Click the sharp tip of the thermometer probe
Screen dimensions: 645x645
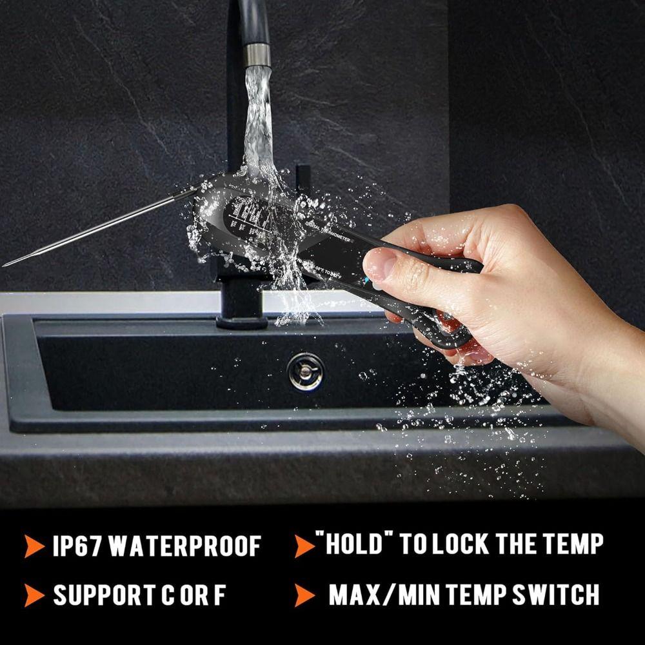point(5,264)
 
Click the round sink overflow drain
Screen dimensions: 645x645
point(305,372)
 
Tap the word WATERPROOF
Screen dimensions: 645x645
point(184,546)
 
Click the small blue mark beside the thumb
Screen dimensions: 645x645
point(368,282)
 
